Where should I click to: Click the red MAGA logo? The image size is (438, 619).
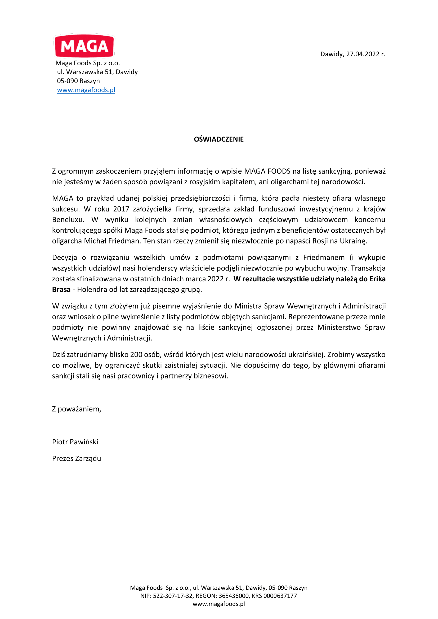click(x=84, y=46)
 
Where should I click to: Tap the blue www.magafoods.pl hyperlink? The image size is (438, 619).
click(x=86, y=90)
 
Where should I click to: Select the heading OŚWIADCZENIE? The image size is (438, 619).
click(x=219, y=139)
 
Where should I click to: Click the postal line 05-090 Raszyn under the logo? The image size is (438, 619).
click(x=78, y=81)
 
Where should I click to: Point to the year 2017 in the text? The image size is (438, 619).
click(x=121, y=209)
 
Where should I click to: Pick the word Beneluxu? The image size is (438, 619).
click(x=68, y=220)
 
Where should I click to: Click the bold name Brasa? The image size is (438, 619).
click(x=61, y=290)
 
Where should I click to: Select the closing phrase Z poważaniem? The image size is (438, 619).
click(x=77, y=409)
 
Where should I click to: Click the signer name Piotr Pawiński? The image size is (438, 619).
click(x=75, y=442)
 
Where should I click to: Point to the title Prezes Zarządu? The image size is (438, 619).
click(x=77, y=459)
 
